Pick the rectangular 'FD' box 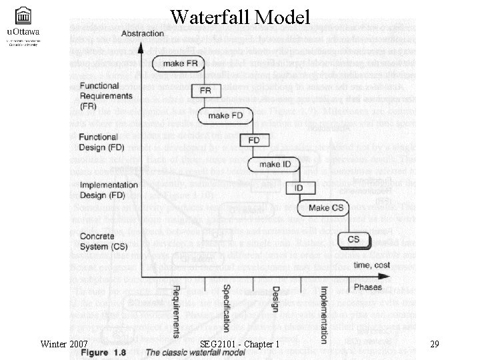click(254, 140)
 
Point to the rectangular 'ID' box click(299, 188)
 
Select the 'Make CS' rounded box click(326, 208)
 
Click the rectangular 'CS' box click(353, 239)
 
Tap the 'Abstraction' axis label click(143, 33)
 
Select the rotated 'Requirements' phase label click(176, 312)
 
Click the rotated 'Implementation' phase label click(323, 315)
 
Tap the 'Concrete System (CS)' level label click(103, 241)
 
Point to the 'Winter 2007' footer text click(65, 344)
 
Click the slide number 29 click(434, 344)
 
